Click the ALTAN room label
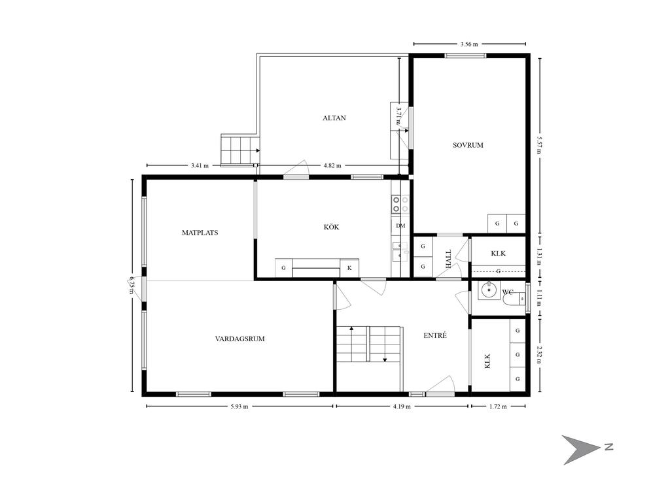[x=334, y=118]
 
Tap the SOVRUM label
[x=468, y=145]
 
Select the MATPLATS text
[x=200, y=233]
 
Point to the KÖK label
[x=332, y=227]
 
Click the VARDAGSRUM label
[x=239, y=339]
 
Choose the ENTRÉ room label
[x=435, y=335]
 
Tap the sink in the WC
[x=487, y=290]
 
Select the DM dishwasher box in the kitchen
[x=400, y=226]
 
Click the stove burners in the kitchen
[x=400, y=204]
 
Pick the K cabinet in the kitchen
[x=349, y=268]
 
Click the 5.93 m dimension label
[x=239, y=407]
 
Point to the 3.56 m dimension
[x=468, y=44]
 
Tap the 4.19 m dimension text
[x=402, y=407]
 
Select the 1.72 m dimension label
[x=498, y=407]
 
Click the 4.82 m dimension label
[x=332, y=165]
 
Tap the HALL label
[x=448, y=259]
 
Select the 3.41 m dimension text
[x=200, y=165]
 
